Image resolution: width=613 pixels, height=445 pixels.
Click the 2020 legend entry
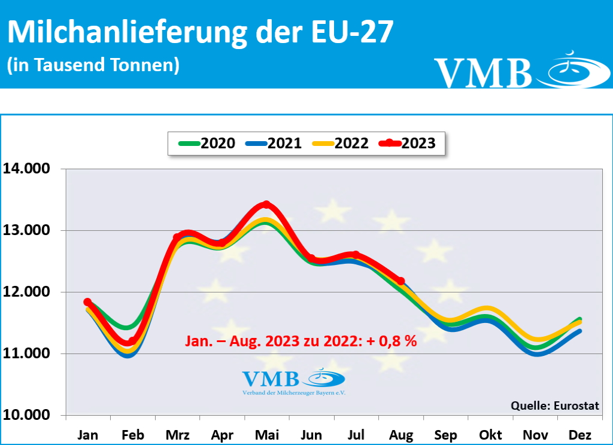coord(207,144)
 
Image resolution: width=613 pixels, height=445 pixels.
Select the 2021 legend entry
coord(274,144)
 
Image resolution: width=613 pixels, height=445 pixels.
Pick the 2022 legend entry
coord(341,144)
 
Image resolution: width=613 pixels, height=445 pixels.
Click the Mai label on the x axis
coord(266,434)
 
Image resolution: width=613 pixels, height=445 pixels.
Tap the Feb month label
coord(132,434)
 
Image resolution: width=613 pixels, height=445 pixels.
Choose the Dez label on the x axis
coord(579,434)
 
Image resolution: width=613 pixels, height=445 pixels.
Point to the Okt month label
coord(490,434)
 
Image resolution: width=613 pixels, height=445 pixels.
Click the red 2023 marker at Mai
coord(266,205)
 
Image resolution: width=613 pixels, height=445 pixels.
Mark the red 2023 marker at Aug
coord(400,281)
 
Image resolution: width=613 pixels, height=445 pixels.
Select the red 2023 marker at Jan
coord(87,302)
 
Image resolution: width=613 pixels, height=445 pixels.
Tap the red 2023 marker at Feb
coord(132,342)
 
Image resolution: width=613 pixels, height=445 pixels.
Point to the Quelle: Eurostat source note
coord(554,406)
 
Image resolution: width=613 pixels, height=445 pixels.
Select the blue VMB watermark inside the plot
coord(293,381)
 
